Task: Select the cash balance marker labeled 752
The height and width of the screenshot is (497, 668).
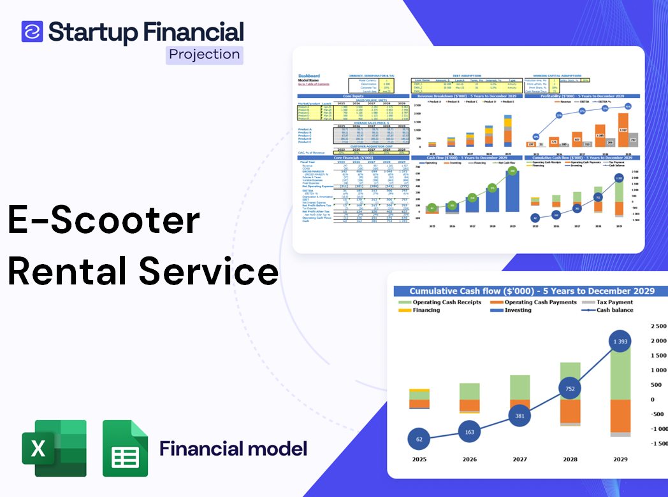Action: [x=570, y=389]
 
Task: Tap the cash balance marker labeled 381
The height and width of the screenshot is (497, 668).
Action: [x=519, y=416]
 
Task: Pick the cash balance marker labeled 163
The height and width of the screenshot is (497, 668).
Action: [x=469, y=432]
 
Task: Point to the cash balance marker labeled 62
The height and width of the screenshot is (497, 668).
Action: [x=418, y=439]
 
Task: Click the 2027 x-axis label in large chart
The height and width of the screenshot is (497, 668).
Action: [x=519, y=459]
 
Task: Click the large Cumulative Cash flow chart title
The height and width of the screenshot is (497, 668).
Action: [x=531, y=291]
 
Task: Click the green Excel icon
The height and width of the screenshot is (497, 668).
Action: [x=54, y=448]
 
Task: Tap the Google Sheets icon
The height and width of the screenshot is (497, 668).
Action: [x=126, y=448]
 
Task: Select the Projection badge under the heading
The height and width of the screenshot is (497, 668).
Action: [x=204, y=55]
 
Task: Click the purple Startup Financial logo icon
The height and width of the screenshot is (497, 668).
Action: [x=32, y=31]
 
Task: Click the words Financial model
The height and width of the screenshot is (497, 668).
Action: [x=233, y=449]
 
